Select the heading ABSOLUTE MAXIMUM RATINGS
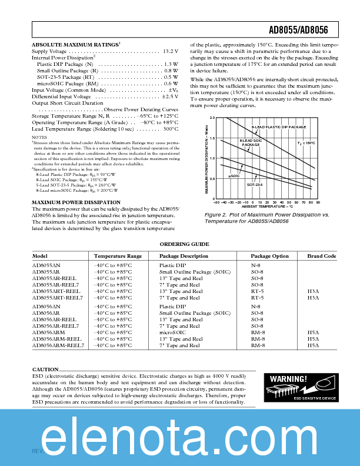pyautogui.click(x=74, y=45)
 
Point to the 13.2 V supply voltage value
pyautogui.click(x=170, y=52)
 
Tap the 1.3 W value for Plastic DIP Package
pyautogui.click(x=171, y=64)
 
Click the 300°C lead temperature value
pyautogui.click(x=171, y=128)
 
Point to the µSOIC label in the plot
pyautogui.click(x=234, y=175)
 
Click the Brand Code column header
pyautogui.click(x=321, y=257)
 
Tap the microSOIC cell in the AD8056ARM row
pyautogui.click(x=172, y=332)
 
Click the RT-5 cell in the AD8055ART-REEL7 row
pyautogui.click(x=257, y=298)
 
